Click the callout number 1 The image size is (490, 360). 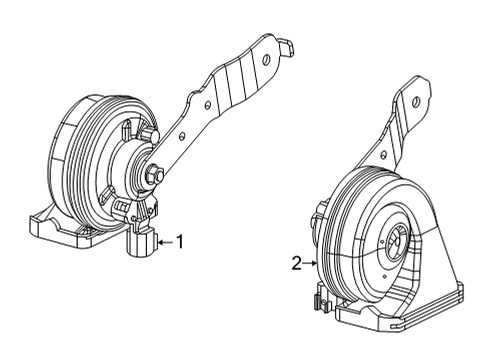point(180,240)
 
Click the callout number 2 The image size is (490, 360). point(296,263)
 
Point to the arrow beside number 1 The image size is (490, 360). point(165,240)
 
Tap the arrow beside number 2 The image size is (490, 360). point(312,263)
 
